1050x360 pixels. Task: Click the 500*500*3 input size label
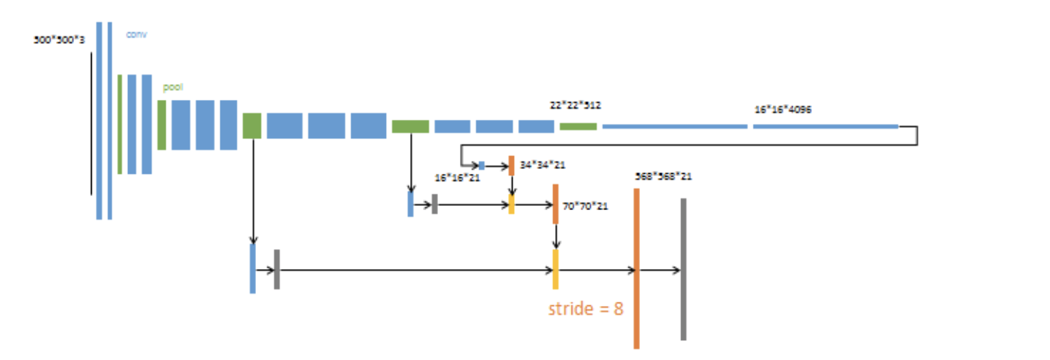coord(60,40)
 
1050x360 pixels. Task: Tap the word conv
coord(137,34)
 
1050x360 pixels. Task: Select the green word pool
coord(172,88)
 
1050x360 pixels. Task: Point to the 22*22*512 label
coord(575,105)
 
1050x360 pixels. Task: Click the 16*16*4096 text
coord(783,109)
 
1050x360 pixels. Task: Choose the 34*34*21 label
coord(543,164)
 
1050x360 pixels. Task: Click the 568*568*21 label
coord(663,176)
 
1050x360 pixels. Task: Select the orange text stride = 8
coord(586,308)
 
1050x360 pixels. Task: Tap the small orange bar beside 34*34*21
coord(511,166)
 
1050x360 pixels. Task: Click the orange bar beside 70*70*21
coord(555,203)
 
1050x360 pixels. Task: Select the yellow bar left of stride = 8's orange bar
coord(555,269)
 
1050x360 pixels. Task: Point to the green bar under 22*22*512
coord(578,127)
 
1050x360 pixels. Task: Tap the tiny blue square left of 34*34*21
coord(482,165)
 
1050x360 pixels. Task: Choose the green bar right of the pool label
coord(162,125)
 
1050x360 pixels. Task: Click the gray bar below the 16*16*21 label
coord(435,204)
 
